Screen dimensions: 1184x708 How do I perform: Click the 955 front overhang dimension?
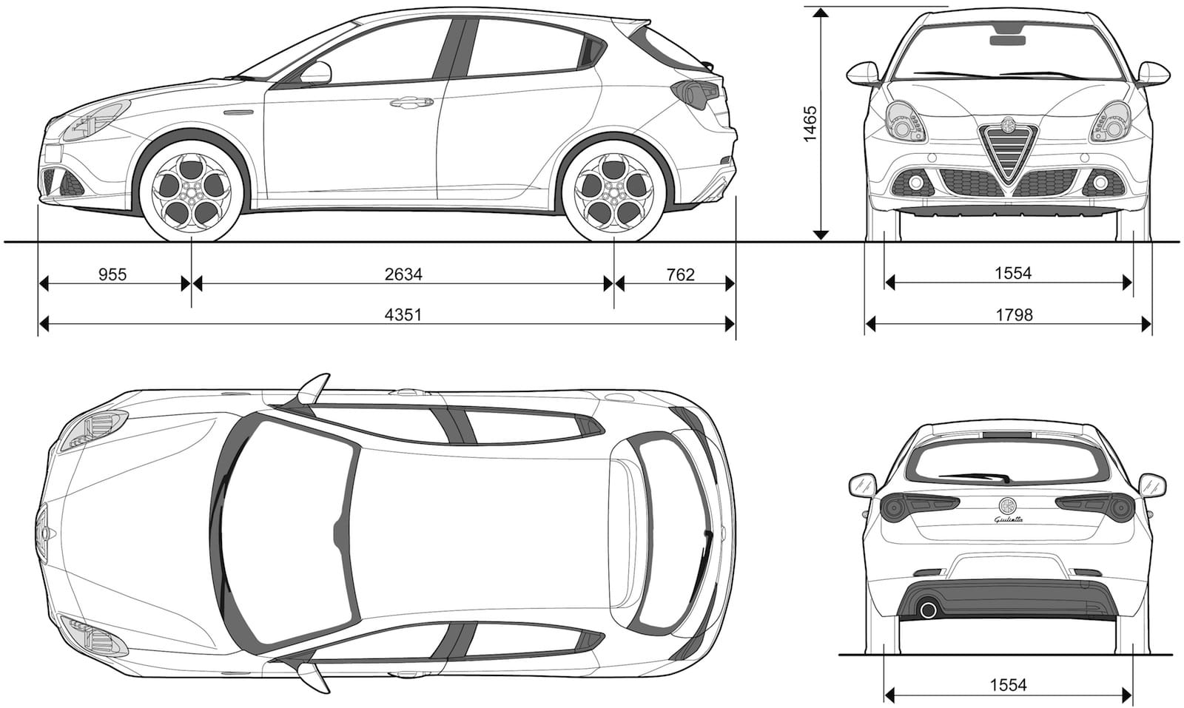point(112,274)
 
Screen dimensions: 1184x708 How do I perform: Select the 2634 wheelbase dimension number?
point(403,274)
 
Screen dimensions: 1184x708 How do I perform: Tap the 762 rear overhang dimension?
point(680,274)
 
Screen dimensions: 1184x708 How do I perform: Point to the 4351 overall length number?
point(403,315)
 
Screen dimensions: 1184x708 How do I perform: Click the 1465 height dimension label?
point(810,124)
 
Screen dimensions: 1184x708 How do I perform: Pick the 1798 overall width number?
point(1015,315)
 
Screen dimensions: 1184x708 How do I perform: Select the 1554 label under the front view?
point(1013,274)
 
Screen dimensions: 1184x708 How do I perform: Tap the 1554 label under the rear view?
point(1008,686)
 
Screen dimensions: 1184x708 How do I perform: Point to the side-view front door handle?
point(411,102)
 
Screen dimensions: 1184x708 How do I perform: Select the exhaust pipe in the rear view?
point(928,610)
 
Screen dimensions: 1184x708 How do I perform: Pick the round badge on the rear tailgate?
point(1007,505)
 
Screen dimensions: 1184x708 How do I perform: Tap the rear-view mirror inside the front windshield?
point(1008,40)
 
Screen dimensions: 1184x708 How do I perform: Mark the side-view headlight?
point(96,121)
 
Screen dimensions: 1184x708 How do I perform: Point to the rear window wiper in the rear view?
point(974,478)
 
